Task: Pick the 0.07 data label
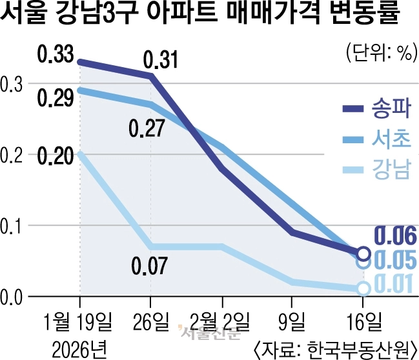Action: pos(149,265)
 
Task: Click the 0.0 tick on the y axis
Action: pos(12,297)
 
